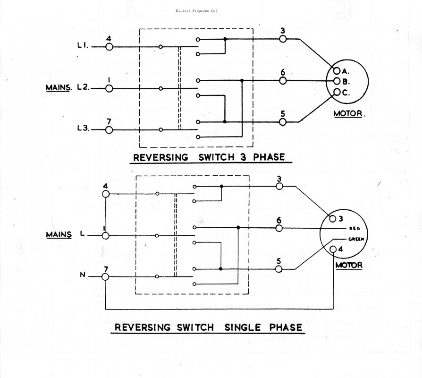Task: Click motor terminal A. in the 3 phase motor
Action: [337, 71]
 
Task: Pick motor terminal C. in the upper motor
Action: [337, 92]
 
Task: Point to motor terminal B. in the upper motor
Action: [337, 81]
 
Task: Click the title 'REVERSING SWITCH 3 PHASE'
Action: [210, 157]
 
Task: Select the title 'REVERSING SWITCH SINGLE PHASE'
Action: [209, 327]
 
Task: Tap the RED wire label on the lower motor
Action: [354, 228]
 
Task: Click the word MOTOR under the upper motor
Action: [350, 113]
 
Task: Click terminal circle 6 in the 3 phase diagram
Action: [283, 81]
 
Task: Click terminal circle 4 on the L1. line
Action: [109, 47]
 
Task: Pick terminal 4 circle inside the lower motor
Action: [334, 249]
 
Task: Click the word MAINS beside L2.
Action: [59, 88]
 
